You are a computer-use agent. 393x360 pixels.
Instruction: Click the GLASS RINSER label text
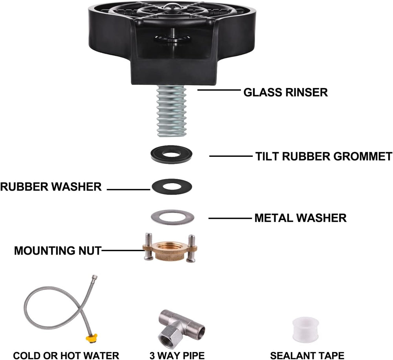click(285, 92)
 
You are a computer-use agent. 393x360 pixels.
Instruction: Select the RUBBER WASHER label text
click(51, 186)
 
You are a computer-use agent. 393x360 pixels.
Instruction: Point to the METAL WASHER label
click(300, 218)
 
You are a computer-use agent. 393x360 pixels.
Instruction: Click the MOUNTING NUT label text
click(58, 250)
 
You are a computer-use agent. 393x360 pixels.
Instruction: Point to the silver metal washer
click(172, 217)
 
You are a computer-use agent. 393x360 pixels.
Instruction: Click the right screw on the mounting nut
click(191, 248)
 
